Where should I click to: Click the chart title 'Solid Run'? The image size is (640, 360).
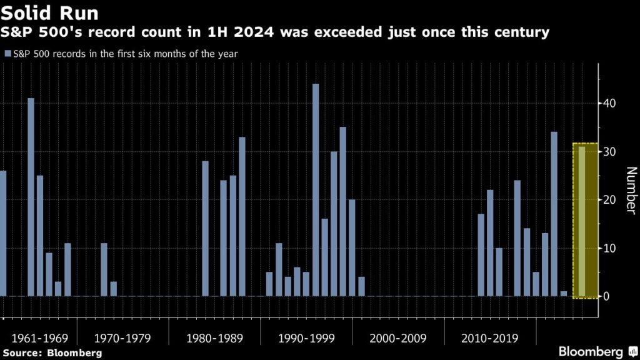point(50,12)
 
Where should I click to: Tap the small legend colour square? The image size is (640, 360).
point(7,54)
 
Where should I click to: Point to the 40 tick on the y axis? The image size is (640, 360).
point(609,103)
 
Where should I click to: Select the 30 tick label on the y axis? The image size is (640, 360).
point(609,152)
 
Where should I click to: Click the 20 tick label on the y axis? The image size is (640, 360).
point(609,200)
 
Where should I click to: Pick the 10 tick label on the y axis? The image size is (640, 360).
point(609,248)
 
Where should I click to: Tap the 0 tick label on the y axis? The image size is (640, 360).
point(607,296)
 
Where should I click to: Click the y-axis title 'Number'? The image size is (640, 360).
point(630,191)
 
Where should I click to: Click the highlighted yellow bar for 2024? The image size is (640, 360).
point(582,222)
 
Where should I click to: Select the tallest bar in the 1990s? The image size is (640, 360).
point(316,190)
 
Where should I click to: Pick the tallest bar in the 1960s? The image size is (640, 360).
point(31,197)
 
